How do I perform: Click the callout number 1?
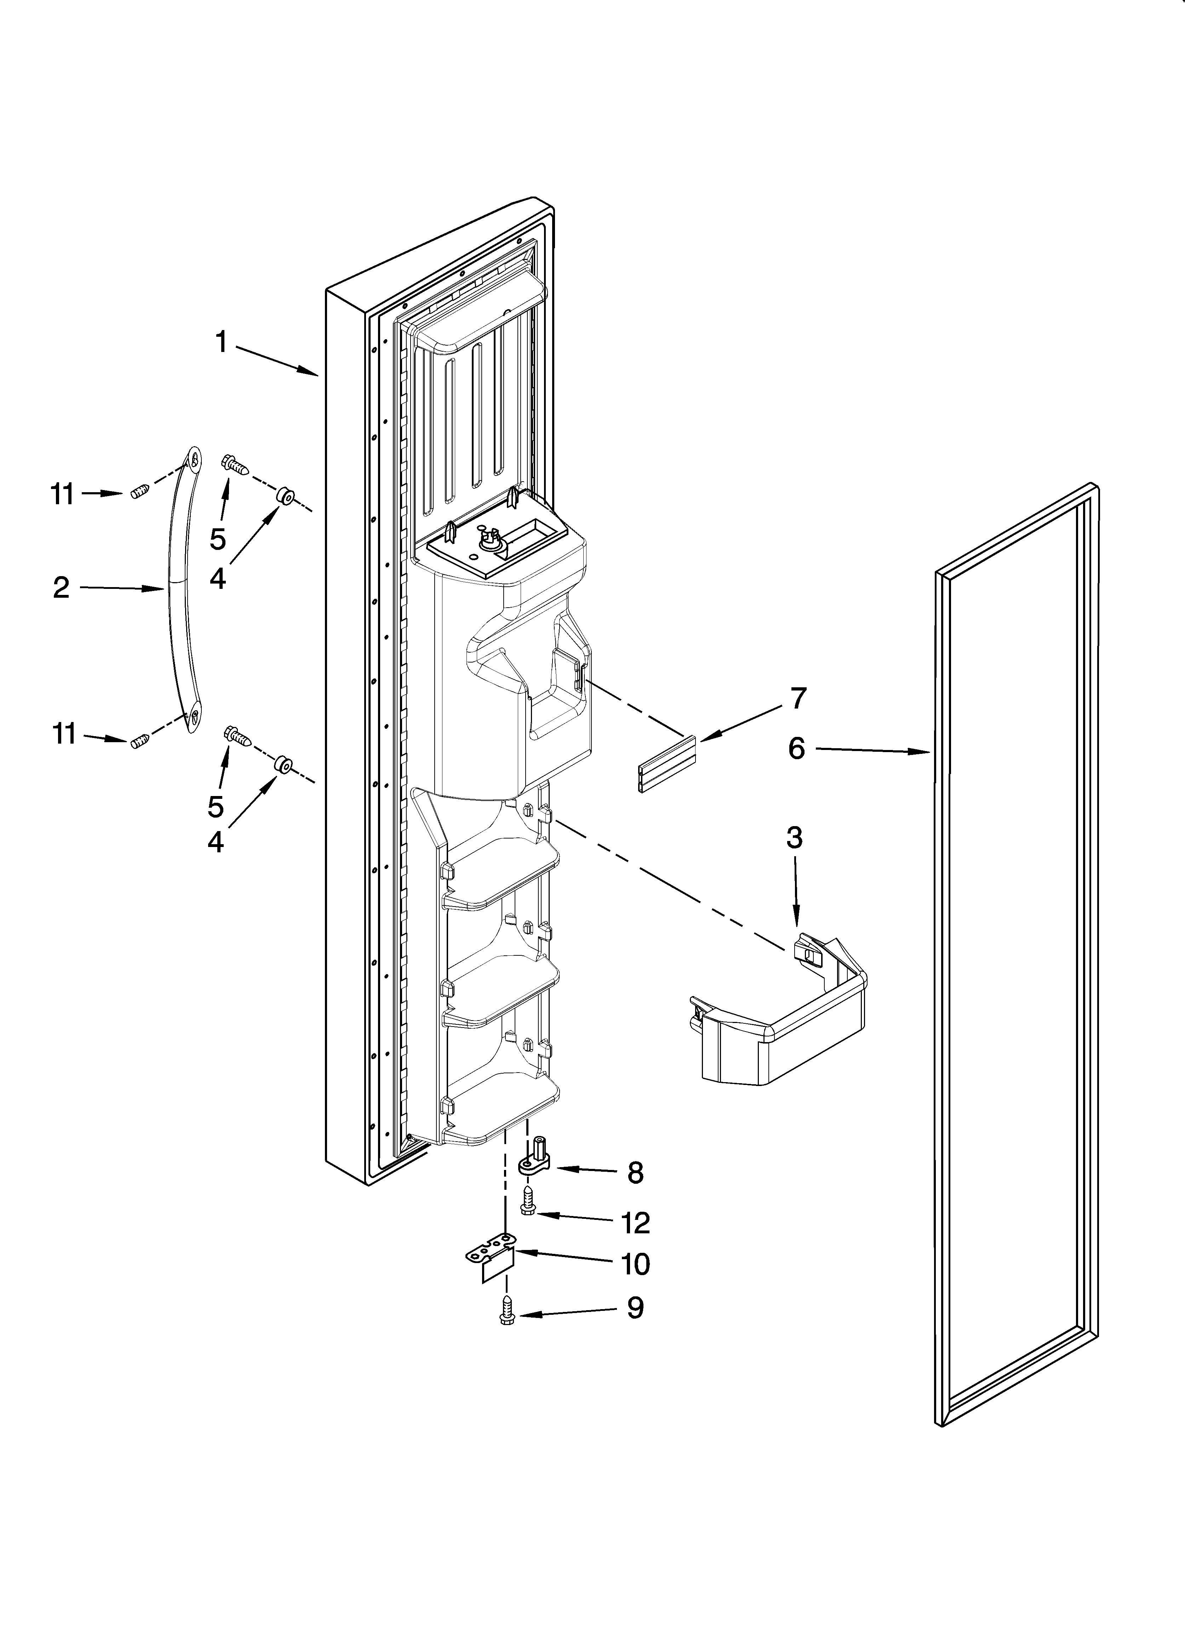[222, 342]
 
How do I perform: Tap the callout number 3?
[794, 838]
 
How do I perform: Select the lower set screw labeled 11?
[140, 740]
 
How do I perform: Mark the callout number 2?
[61, 587]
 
